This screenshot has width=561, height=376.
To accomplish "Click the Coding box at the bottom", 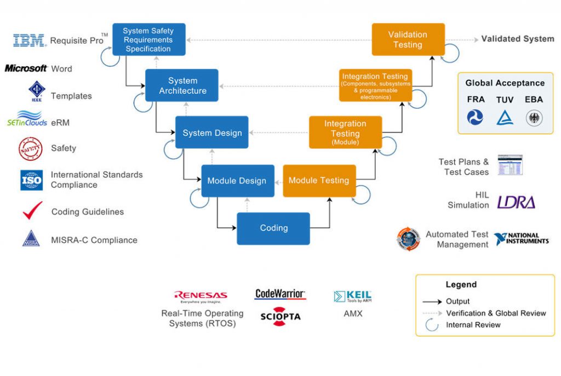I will tap(273, 228).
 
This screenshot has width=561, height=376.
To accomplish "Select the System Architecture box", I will tap(182, 85).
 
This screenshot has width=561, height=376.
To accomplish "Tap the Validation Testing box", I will tap(408, 39).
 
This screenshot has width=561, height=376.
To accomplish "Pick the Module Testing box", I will tap(319, 181).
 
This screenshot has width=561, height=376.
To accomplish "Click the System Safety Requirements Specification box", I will tap(148, 39).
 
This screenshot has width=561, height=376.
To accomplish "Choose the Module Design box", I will tap(237, 181).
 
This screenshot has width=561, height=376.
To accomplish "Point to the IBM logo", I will tap(30, 41).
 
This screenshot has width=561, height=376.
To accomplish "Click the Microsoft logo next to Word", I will tap(26, 68).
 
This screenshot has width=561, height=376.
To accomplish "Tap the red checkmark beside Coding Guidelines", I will tap(32, 211).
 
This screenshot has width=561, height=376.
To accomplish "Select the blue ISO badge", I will tap(31, 180).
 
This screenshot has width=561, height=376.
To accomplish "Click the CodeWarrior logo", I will tap(280, 294).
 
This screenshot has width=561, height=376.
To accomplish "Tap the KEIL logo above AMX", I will tap(352, 297).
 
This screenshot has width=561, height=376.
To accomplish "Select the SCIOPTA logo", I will tap(280, 317).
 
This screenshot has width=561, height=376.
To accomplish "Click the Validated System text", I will tap(518, 39).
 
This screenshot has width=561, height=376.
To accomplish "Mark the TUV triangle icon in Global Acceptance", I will tap(505, 117).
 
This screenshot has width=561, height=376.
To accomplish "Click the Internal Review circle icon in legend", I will tap(432, 325).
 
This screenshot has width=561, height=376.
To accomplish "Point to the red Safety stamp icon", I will tap(31, 149).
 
